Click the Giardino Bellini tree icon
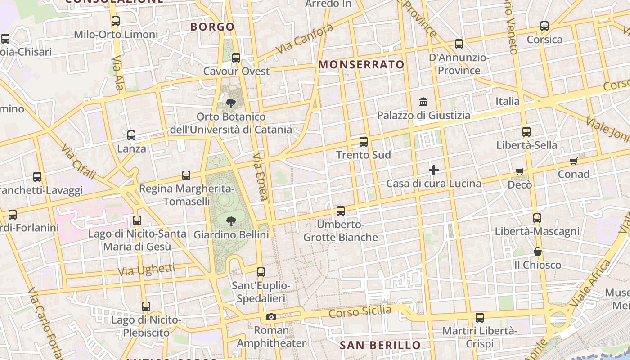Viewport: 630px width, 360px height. pos(231,221)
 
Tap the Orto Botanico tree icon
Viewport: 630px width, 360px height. pos(231,103)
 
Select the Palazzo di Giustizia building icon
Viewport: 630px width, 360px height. pos(423,102)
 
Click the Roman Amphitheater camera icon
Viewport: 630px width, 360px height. pos(271,317)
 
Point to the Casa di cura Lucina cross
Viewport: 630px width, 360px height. pos(434,170)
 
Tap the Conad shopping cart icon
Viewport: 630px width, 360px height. pos(574,161)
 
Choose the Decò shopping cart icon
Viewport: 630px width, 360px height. pos(520,171)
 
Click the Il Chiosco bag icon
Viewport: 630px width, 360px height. pos(538,252)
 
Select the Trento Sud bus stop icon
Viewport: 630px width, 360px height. pos(364,142)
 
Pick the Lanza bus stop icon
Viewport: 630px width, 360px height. pos(131,135)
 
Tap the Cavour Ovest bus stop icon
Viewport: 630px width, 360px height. pos(236,58)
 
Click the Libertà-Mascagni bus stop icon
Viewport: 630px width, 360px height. pos(537,218)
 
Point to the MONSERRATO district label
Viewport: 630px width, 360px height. pos(361,65)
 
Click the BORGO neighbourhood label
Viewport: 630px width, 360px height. pos(212,27)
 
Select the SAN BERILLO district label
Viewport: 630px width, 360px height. pos(380,346)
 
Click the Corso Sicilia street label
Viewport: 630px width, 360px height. pos(360,311)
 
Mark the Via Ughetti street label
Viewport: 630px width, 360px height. pos(146,270)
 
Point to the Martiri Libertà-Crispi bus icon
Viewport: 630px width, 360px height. pos(480,318)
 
